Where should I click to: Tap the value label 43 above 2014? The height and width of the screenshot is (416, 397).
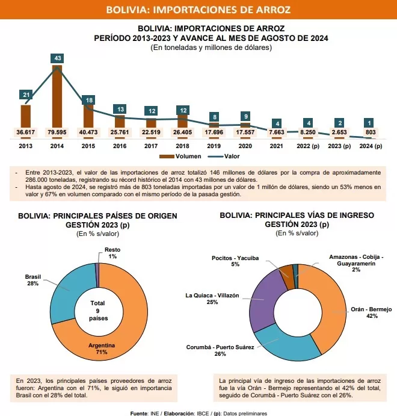57,58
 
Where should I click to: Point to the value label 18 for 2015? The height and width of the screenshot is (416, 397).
89,101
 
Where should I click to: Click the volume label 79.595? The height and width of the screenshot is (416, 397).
57,132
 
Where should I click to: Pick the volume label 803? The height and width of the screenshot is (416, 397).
371,132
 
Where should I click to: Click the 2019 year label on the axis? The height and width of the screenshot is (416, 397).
214,146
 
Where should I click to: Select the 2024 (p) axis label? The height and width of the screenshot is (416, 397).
371,146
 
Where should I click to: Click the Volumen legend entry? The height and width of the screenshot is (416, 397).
180,157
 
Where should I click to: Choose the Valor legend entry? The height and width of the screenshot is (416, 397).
224,157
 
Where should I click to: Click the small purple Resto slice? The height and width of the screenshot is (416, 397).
97,275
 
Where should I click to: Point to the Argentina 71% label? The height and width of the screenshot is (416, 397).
102,349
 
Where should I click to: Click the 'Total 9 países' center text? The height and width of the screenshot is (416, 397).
98,311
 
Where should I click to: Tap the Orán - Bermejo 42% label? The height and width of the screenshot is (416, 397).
371,312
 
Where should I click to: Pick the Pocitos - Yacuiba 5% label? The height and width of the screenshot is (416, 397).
235,261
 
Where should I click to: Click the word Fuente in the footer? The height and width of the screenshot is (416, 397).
140,414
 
